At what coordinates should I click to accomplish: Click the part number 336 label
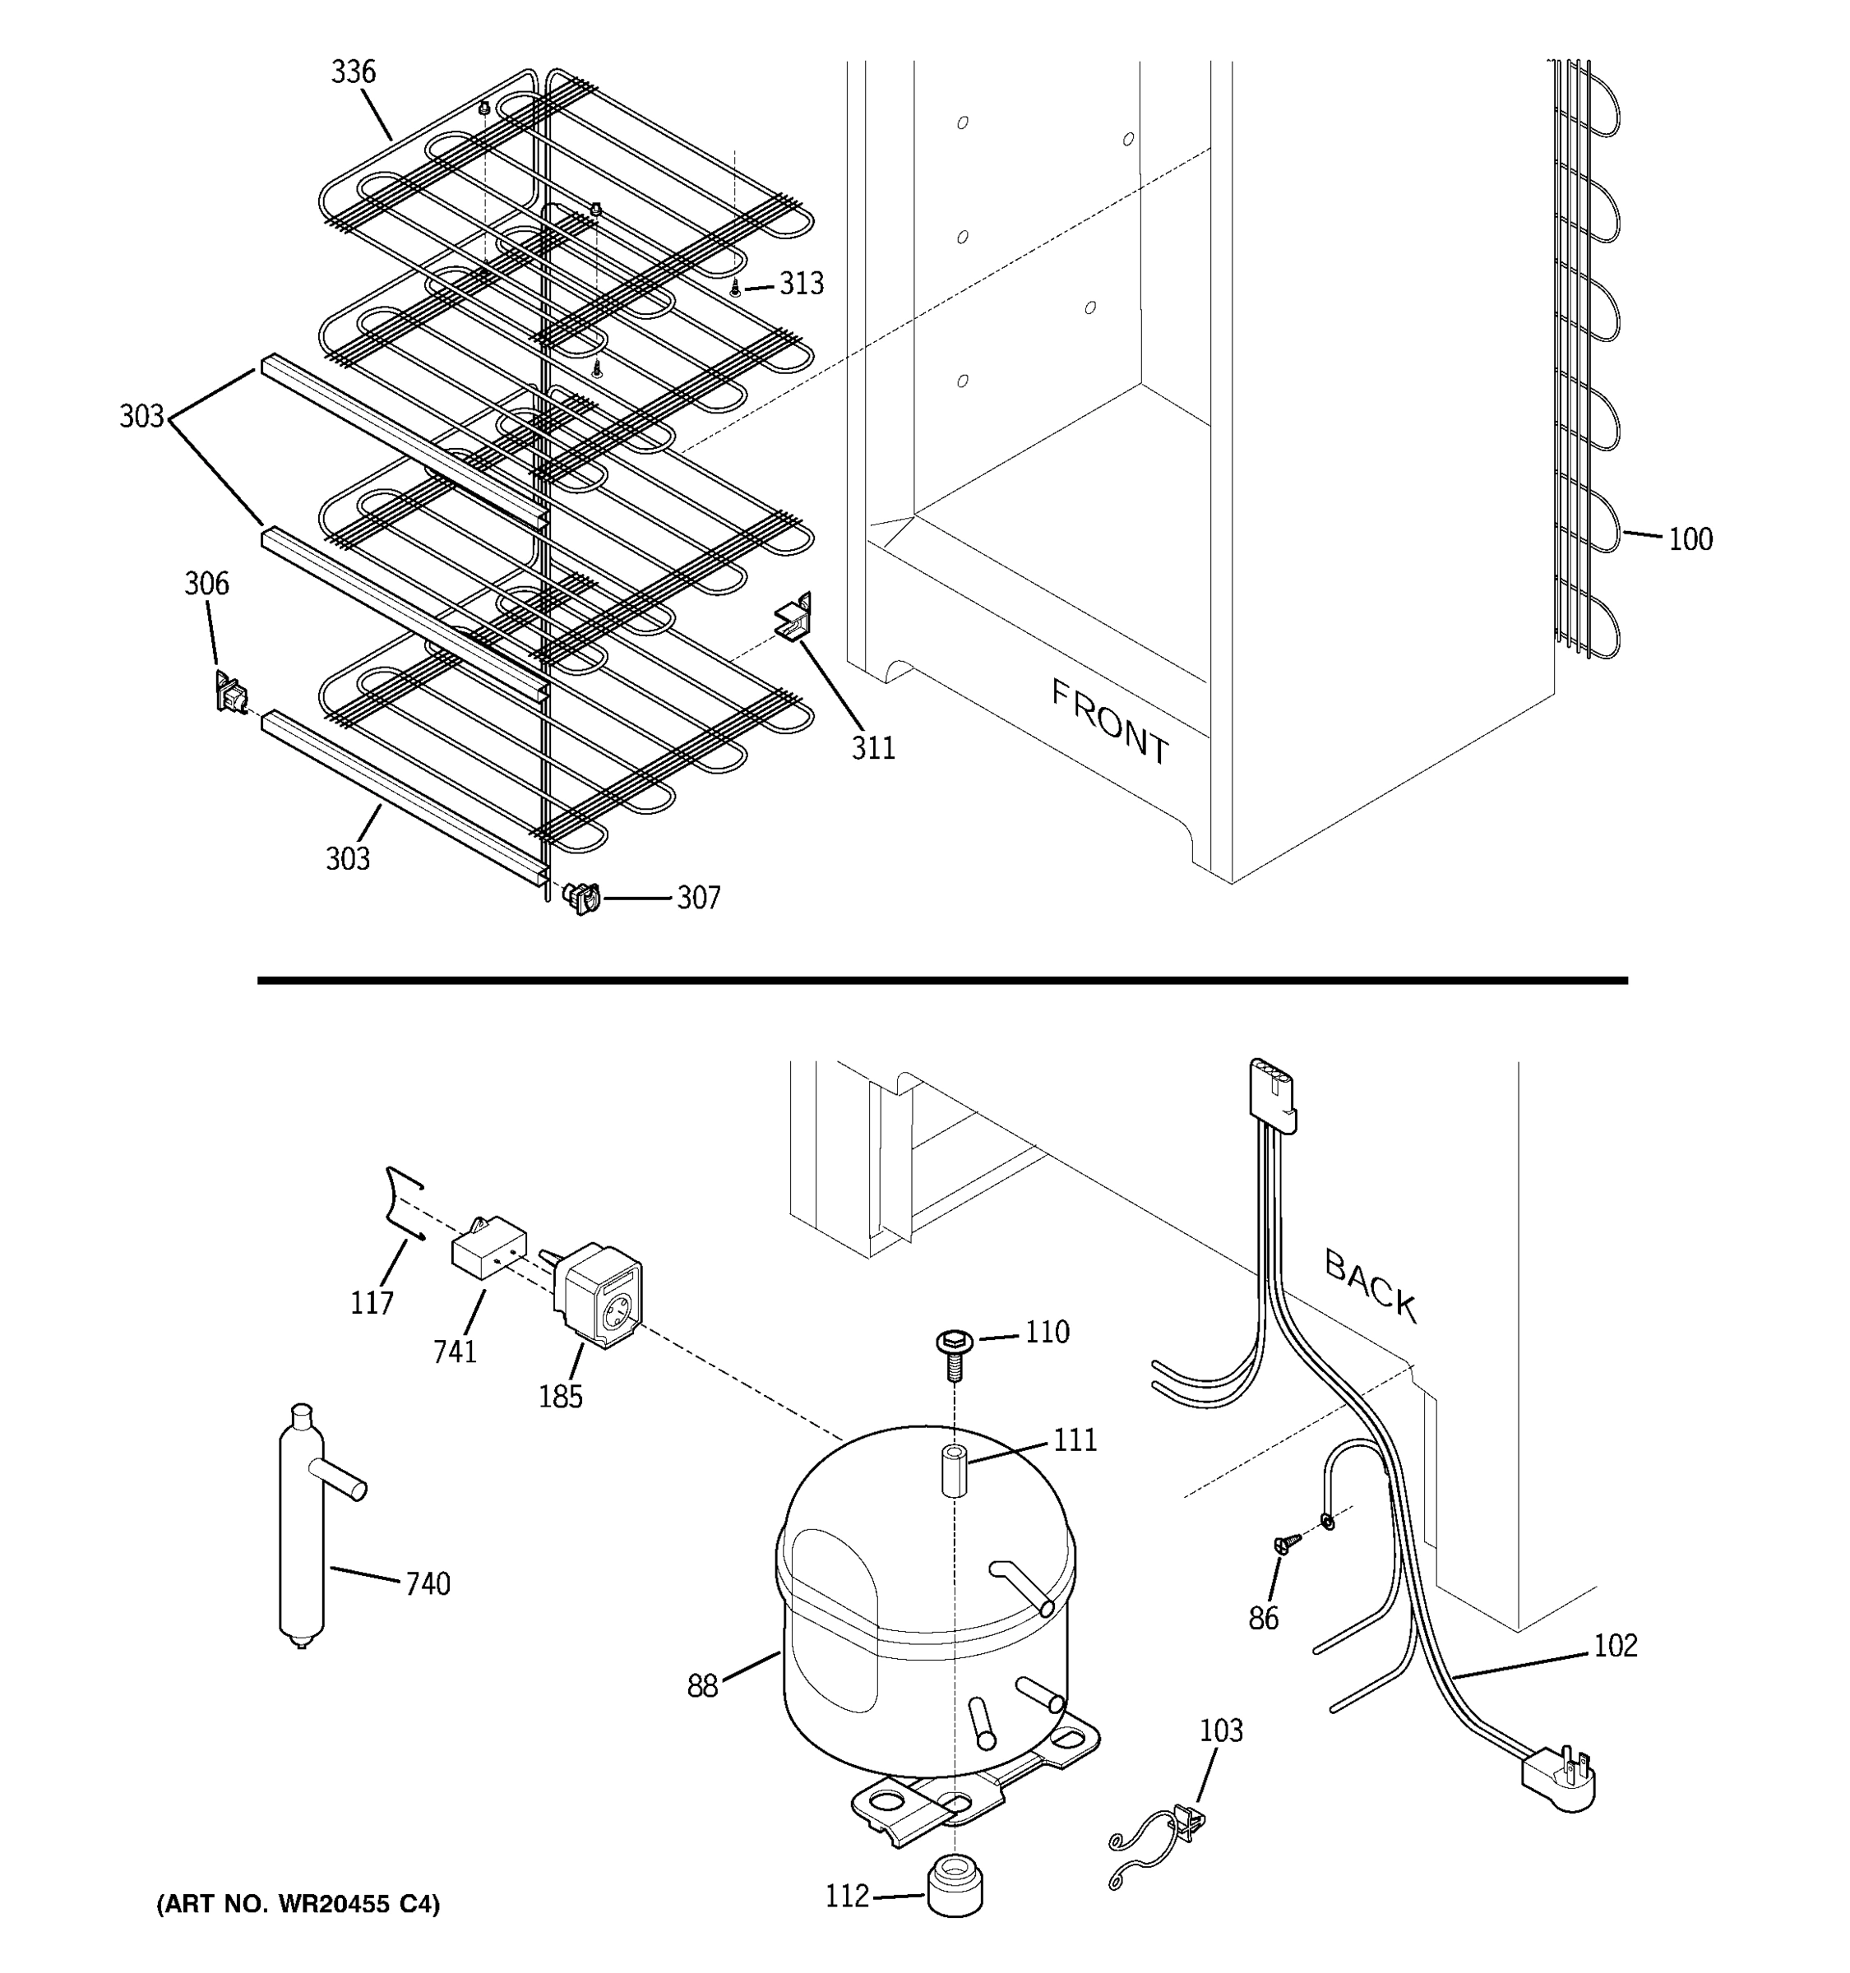pyautogui.click(x=354, y=72)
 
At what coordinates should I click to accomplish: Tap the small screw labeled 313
pyautogui.click(x=734, y=288)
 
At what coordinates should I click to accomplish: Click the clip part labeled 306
pyautogui.click(x=230, y=691)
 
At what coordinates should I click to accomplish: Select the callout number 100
pyautogui.click(x=1690, y=540)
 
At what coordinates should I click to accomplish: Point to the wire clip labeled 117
pyautogui.click(x=402, y=1205)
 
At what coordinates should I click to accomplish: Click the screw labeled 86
pyautogui.click(x=1286, y=1543)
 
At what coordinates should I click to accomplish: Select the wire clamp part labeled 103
pyautogui.click(x=1188, y=1820)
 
